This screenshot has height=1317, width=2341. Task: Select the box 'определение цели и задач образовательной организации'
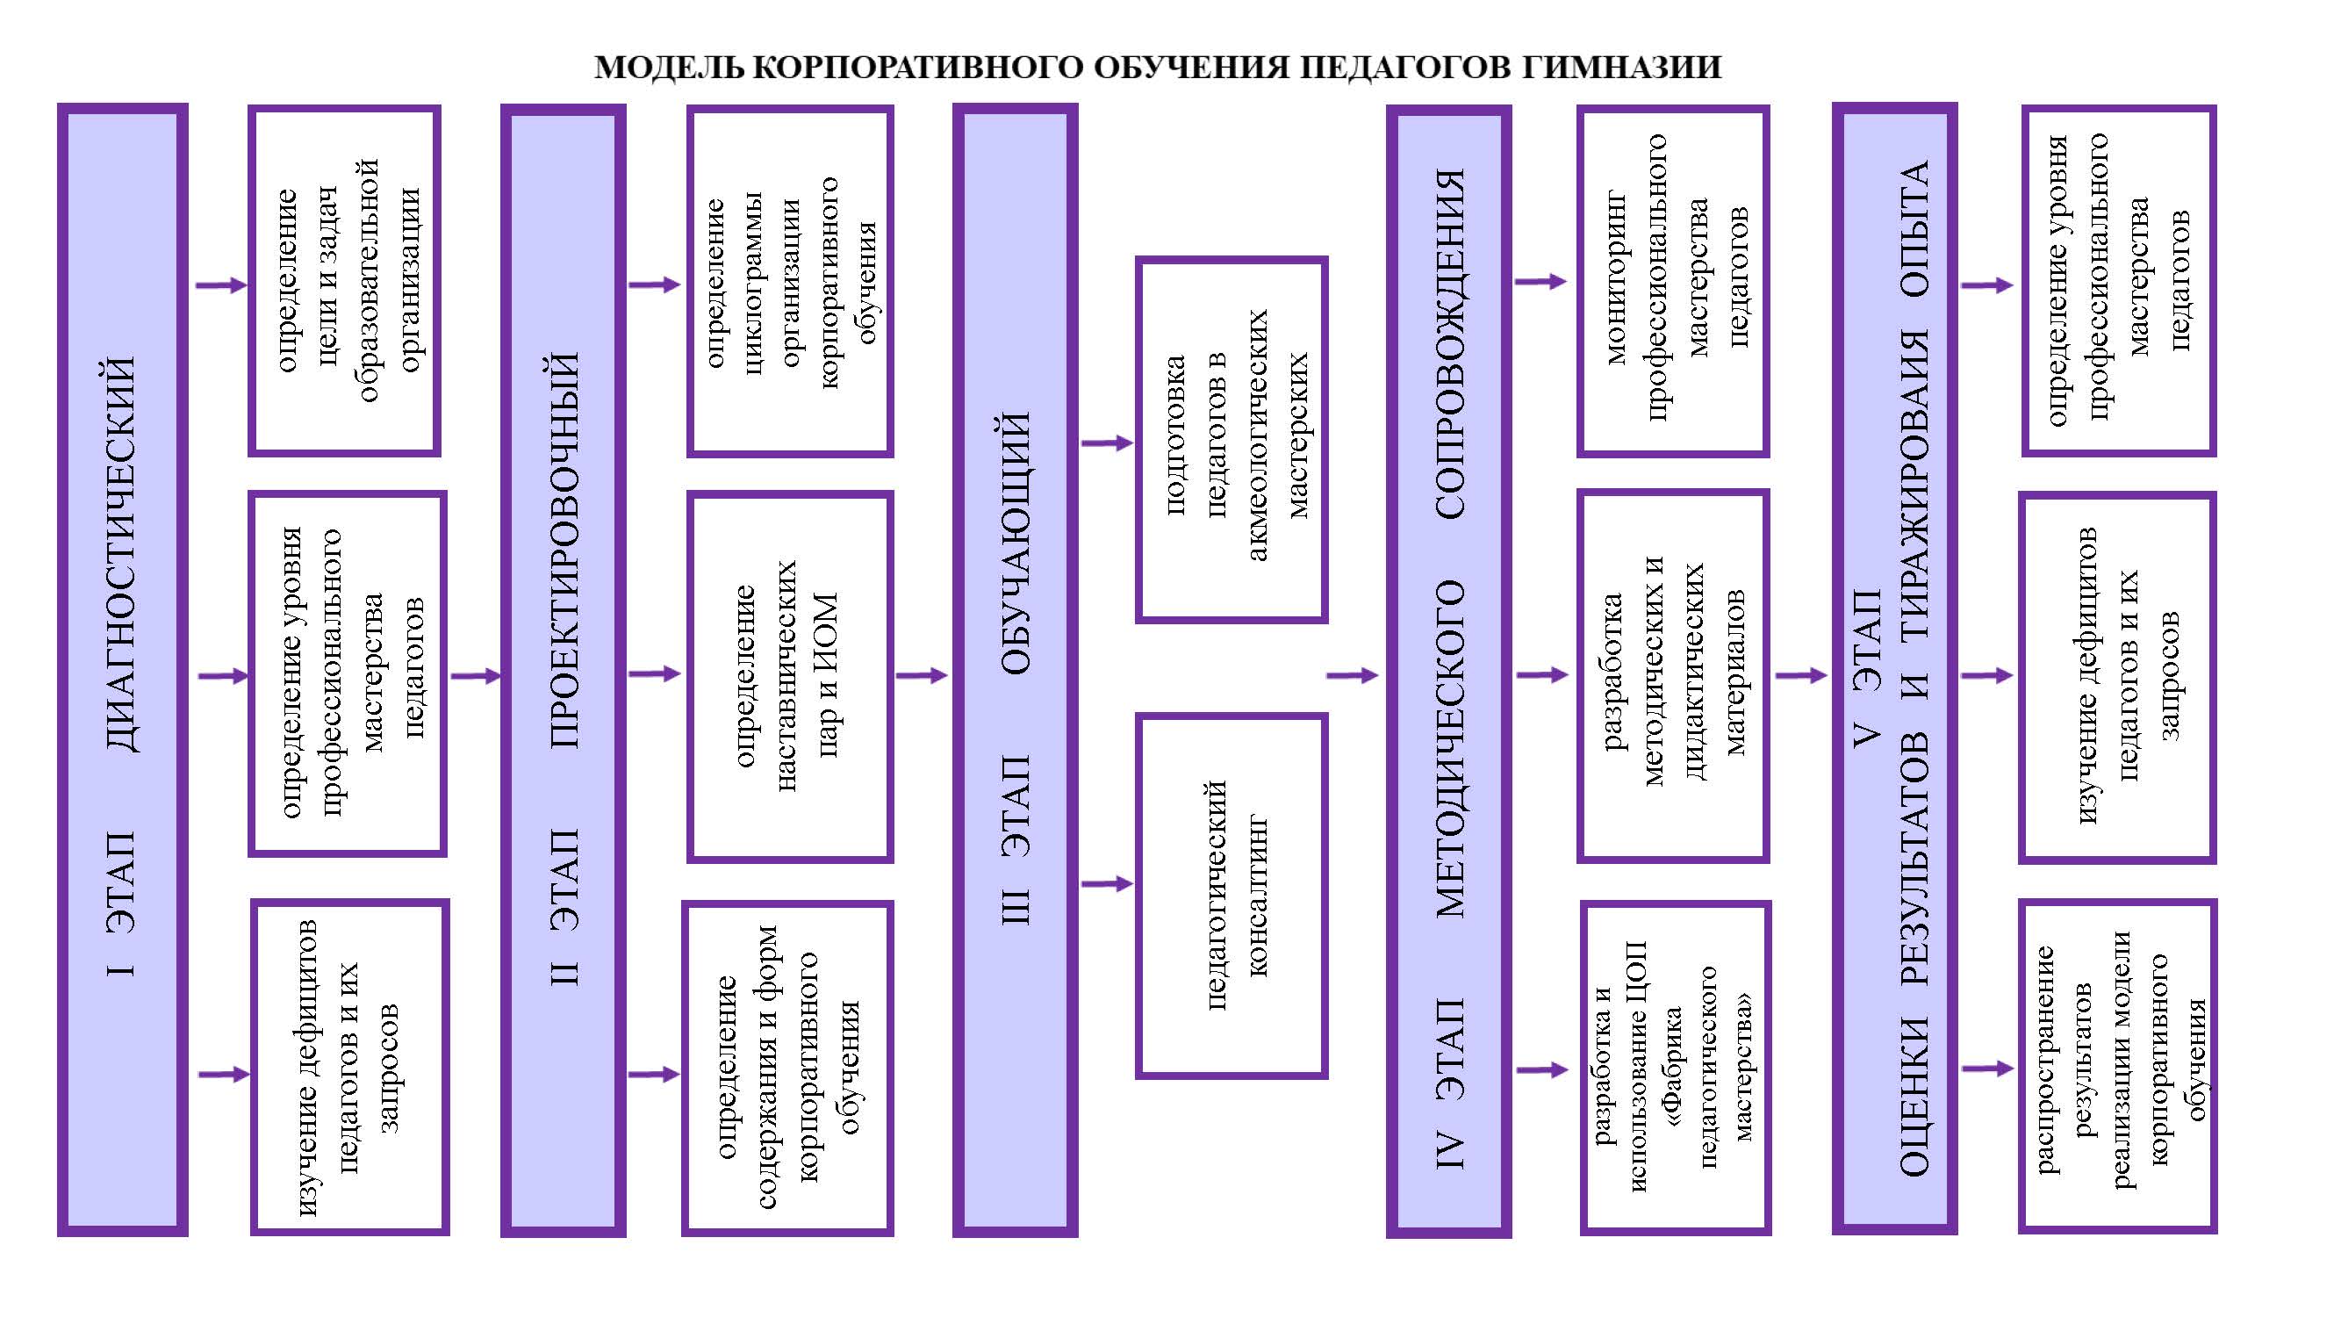coord(344,281)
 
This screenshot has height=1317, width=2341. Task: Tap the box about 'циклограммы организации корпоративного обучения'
coord(790,281)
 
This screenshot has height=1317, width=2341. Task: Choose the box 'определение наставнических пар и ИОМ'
coord(790,676)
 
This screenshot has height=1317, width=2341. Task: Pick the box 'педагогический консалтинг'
coord(1232,896)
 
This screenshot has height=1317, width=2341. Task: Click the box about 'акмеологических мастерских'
coord(1232,439)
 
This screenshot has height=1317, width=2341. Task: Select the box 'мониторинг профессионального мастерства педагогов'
coord(1673,281)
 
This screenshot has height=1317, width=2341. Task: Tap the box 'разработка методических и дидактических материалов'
coord(1673,675)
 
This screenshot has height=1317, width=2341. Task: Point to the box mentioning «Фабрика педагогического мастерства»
coord(1676,1067)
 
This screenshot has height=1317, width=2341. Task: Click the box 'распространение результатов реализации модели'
coord(2117,1066)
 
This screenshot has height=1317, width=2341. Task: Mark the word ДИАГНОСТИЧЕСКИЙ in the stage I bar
coord(122,553)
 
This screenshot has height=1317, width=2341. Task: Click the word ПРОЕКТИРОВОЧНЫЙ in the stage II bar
coord(564,550)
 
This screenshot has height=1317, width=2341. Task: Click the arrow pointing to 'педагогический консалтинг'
coord(1108,883)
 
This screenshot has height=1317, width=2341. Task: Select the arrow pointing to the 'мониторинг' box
coord(1541,282)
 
